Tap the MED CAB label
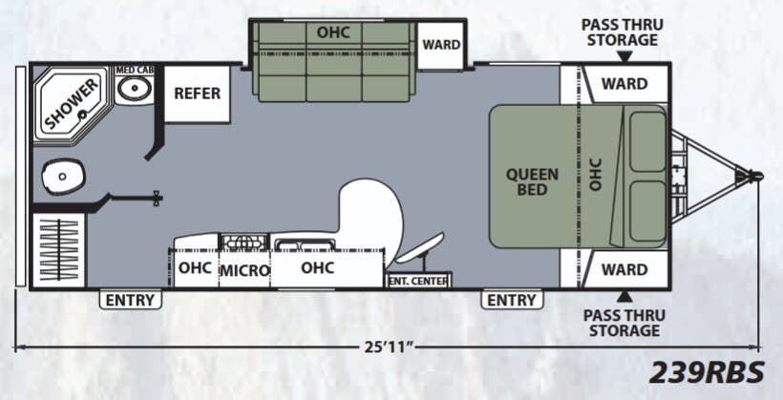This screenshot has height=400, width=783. pyautogui.click(x=136, y=71)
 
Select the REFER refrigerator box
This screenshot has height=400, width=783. pyautogui.click(x=197, y=94)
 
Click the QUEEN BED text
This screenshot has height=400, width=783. pyautogui.click(x=526, y=181)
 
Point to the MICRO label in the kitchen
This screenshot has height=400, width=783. pyautogui.click(x=244, y=270)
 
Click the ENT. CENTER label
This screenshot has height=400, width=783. pyautogui.click(x=418, y=281)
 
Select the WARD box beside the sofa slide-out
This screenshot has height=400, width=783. pyautogui.click(x=441, y=45)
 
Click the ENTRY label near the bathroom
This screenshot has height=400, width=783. pyautogui.click(x=130, y=300)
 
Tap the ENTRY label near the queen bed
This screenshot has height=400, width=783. pyautogui.click(x=512, y=300)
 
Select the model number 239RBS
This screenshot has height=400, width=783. pyautogui.click(x=709, y=370)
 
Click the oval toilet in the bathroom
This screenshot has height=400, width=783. pyautogui.click(x=63, y=176)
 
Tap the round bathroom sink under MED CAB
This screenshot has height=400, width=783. pyautogui.click(x=135, y=89)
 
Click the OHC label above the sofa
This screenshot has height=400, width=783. pyautogui.click(x=333, y=32)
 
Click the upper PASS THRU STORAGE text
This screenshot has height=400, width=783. pyautogui.click(x=623, y=32)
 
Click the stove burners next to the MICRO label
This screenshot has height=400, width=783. pyautogui.click(x=244, y=242)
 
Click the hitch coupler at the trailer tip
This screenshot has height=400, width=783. pyautogui.click(x=754, y=176)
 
